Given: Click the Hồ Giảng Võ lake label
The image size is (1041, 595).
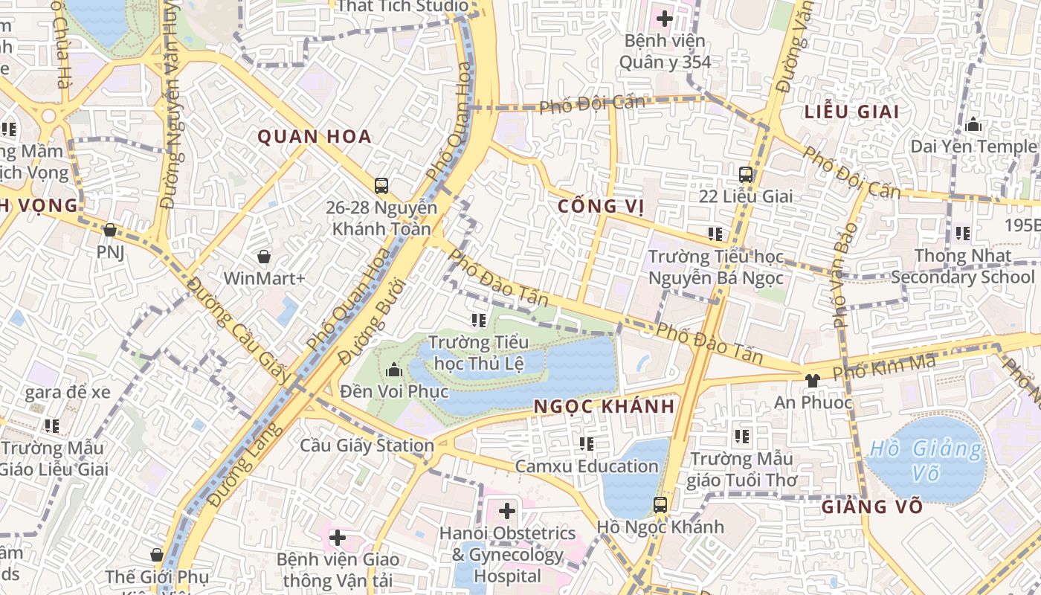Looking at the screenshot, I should pos(926,460).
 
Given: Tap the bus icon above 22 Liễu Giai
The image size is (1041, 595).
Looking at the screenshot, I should pos(746,175).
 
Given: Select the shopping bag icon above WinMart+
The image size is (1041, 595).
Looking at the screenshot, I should pos(263,257).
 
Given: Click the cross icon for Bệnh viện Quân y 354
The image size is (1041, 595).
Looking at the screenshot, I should pos(665,18).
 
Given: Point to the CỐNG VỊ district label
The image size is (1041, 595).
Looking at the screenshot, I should pos(599,206).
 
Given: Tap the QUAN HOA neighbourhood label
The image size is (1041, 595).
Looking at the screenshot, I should pos(315,137).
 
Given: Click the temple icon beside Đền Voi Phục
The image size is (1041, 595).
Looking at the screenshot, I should pos(393,369).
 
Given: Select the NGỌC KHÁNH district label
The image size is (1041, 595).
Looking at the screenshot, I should pos(604,406).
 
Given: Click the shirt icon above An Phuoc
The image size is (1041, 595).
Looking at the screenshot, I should pos(812,380).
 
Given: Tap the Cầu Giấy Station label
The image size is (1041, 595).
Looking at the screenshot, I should pos(367,446).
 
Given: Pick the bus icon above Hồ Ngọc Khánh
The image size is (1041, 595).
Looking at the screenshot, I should pos(660,504).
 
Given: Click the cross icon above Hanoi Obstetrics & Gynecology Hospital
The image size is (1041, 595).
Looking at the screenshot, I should pos(507,511).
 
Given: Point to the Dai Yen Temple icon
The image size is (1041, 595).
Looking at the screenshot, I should pos(973,124).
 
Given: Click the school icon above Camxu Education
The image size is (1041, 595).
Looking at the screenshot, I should pos(587,444).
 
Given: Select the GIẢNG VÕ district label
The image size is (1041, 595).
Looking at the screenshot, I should pos(872,507).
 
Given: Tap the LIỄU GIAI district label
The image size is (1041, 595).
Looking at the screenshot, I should pos(851,112).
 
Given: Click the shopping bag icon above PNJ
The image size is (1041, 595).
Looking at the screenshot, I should pos(110,230).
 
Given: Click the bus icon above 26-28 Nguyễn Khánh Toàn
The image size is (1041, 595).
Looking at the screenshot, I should pos(381,185).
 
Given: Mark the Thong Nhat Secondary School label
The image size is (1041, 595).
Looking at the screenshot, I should pos(962,266).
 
